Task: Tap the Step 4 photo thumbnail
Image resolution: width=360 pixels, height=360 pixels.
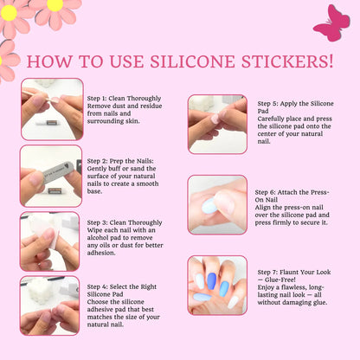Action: [51, 305]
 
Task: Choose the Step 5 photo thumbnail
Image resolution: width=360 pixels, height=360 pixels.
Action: [217, 124]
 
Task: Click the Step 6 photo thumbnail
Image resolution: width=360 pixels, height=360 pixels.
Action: [217, 205]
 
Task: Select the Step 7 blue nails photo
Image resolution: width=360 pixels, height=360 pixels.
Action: [217, 285]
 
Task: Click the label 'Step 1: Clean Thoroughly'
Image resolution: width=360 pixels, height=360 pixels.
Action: [125, 99]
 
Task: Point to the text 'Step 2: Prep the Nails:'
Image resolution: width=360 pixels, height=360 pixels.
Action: [122, 161]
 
